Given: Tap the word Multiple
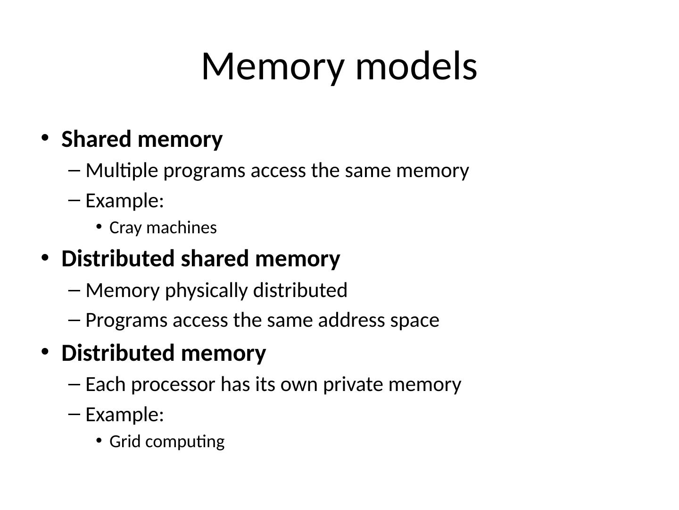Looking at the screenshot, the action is (x=122, y=170).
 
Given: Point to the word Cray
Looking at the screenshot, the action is (x=120, y=228).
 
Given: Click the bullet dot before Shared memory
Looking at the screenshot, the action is (x=45, y=138).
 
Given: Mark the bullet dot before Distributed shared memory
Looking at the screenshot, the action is (x=45, y=258).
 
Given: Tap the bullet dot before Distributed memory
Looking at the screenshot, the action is (x=45, y=352).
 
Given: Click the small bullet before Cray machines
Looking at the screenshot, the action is (x=99, y=227).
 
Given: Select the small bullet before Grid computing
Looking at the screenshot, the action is (x=99, y=441).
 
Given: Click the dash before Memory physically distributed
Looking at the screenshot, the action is (x=75, y=290).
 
